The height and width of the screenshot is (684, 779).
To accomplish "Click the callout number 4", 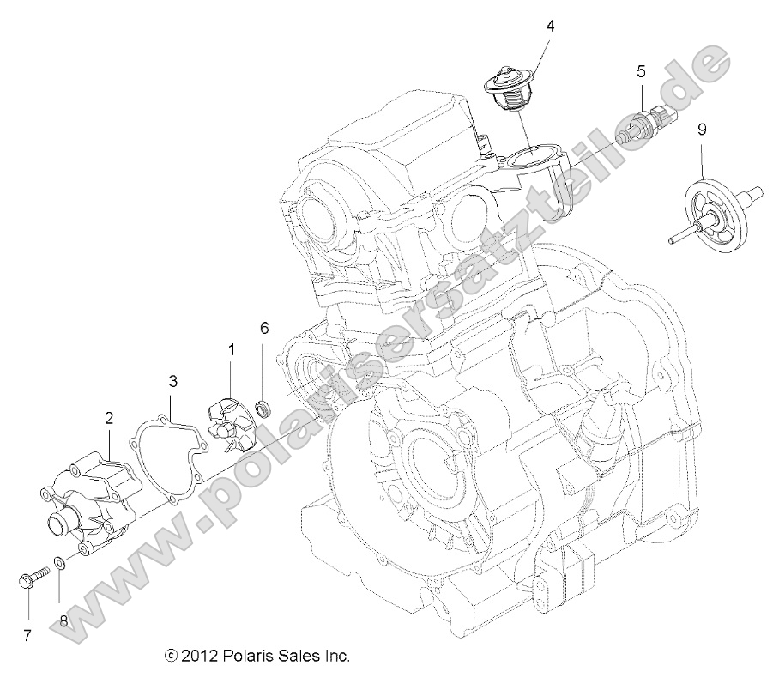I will tap(550, 26).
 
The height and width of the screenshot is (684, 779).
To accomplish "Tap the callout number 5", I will tap(640, 71).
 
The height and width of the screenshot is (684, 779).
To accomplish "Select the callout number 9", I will tap(702, 130).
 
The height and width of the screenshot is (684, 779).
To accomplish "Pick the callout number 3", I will tap(172, 380).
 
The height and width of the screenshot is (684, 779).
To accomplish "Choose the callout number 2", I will tap(109, 418).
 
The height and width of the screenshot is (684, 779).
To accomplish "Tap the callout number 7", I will tap(27, 636).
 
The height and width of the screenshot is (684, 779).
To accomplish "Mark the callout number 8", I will tap(63, 620).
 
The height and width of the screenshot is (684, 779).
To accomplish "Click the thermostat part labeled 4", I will tap(512, 90).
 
